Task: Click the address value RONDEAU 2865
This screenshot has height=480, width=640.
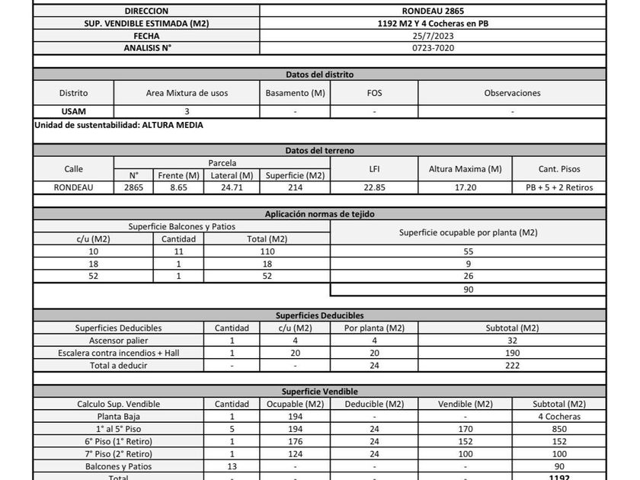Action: [x=432, y=11]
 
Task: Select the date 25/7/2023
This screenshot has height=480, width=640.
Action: [x=432, y=36]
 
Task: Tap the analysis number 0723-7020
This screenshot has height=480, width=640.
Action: [x=432, y=48]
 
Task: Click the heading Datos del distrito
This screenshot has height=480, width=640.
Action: [x=319, y=75]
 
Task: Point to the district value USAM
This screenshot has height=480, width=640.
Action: [x=73, y=111]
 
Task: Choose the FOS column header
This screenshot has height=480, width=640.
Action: [x=374, y=93]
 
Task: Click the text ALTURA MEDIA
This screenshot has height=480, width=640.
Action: [x=172, y=124]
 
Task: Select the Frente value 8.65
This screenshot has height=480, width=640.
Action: [x=178, y=187]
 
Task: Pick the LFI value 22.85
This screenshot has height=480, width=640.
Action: [x=374, y=187]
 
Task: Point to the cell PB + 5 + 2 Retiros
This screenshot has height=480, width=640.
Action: [x=559, y=187]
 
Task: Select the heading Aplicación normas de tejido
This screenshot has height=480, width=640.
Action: [x=319, y=214]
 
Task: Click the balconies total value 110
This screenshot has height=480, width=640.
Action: [x=267, y=251]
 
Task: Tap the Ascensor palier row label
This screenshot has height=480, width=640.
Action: [x=118, y=341]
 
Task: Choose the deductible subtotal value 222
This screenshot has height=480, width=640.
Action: [x=512, y=365]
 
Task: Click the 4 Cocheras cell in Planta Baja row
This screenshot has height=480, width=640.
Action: [x=558, y=416]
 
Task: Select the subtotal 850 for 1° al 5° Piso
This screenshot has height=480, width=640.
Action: [x=558, y=428]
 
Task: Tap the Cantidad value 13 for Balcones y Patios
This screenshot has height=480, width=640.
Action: [x=232, y=466]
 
